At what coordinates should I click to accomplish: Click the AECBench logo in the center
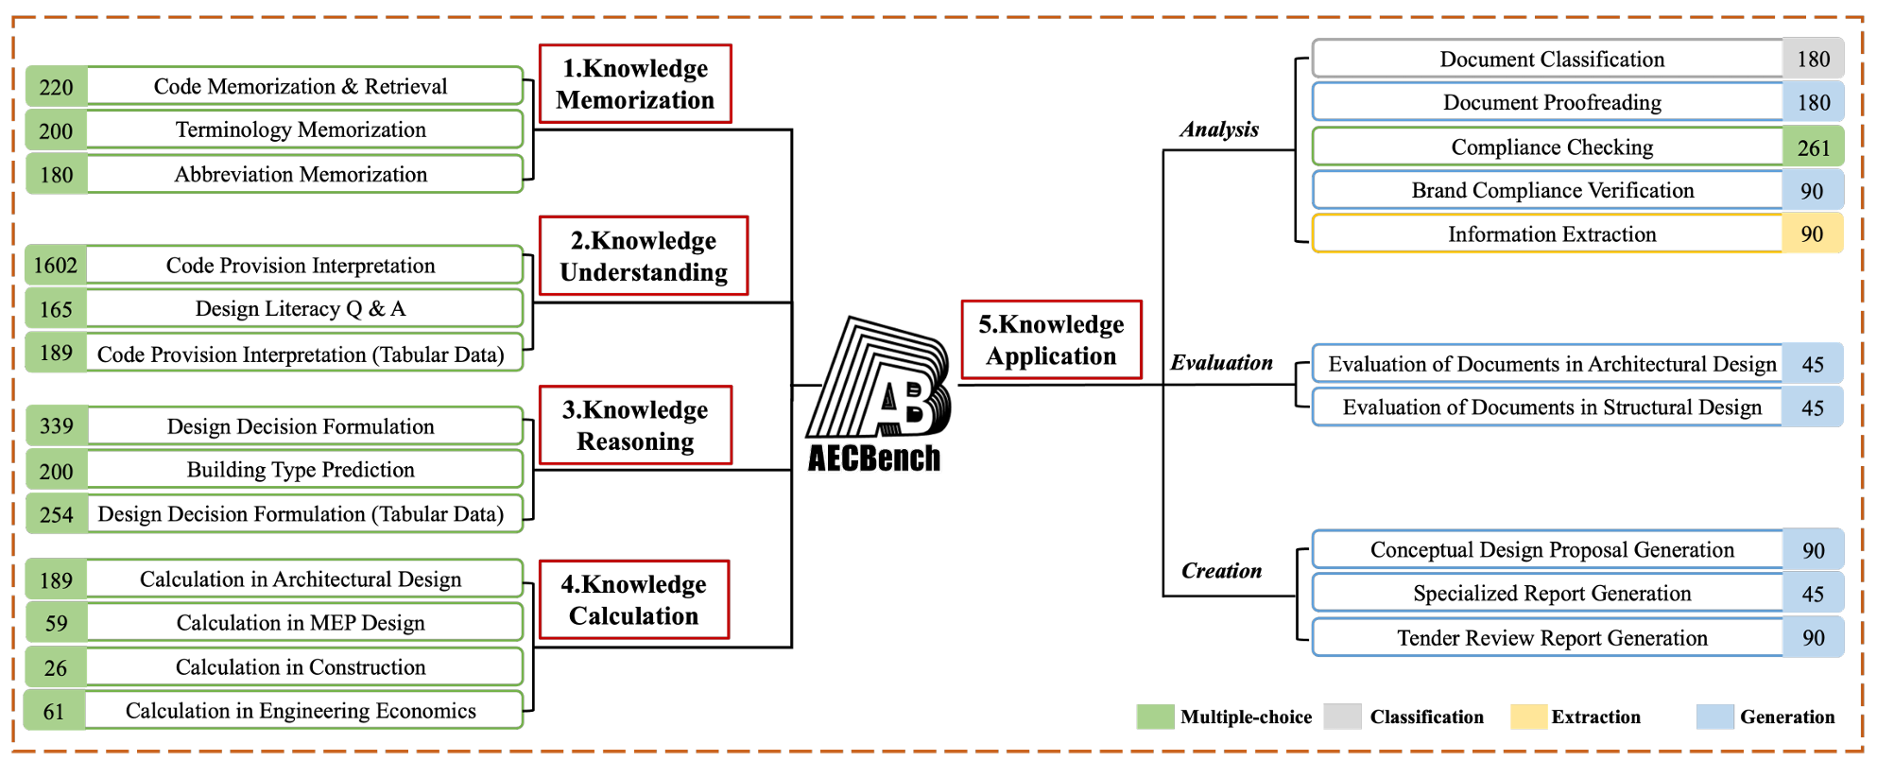(877, 395)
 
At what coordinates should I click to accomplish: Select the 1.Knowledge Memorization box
(635, 84)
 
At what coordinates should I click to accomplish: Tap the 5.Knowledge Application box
(1051, 340)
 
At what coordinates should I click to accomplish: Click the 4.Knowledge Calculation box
(634, 600)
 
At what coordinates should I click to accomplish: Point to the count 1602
(56, 266)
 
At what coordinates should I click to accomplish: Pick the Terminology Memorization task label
(301, 130)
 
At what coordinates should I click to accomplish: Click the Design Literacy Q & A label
(301, 309)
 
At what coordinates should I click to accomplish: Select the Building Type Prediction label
(301, 470)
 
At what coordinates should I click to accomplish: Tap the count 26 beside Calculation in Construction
(56, 667)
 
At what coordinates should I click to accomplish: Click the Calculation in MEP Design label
(301, 623)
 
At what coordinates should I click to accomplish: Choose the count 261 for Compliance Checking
(1813, 147)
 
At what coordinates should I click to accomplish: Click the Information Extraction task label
(1551, 234)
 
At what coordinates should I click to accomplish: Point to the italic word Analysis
(1219, 130)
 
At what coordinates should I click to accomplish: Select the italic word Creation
(1221, 571)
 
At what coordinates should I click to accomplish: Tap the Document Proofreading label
(1551, 103)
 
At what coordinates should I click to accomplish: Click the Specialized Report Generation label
(1551, 594)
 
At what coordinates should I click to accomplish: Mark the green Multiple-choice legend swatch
(1155, 717)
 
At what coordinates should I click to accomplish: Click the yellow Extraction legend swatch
(1528, 717)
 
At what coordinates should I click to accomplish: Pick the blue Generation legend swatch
(1714, 717)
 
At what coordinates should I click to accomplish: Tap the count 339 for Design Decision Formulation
(56, 426)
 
